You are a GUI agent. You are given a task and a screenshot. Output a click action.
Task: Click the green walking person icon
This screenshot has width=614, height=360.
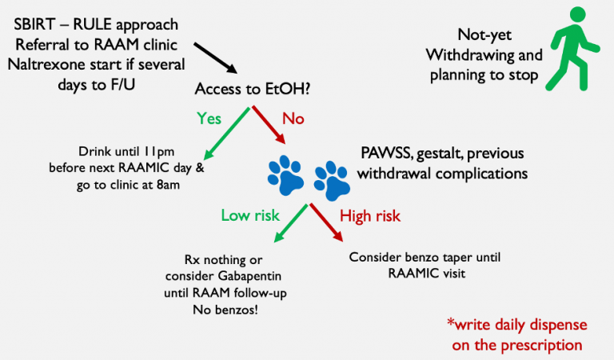(x=570, y=49)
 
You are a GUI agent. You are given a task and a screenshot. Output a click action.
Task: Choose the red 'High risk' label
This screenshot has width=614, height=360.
(x=370, y=215)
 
